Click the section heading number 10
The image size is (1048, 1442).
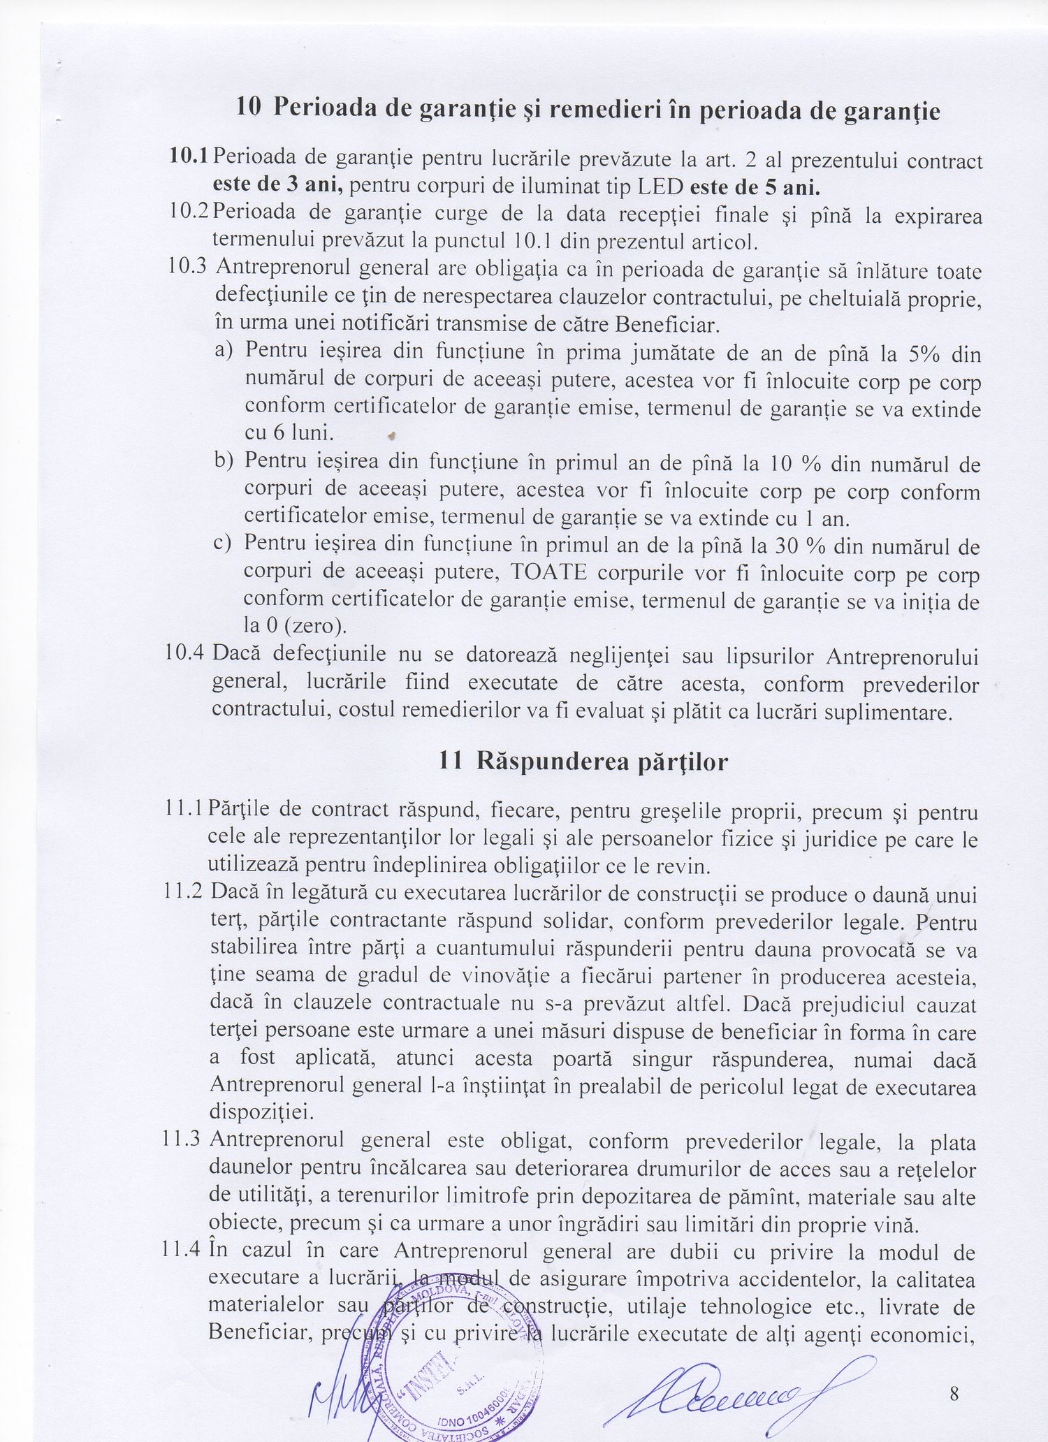pos(249,108)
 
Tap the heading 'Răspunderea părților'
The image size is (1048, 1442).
pos(602,761)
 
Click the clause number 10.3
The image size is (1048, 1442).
pos(189,268)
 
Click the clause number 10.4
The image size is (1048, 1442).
pos(185,655)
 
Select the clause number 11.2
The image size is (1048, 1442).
pos(183,893)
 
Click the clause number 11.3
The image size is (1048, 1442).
pos(183,1140)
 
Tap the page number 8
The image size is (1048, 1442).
pos(954,1374)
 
